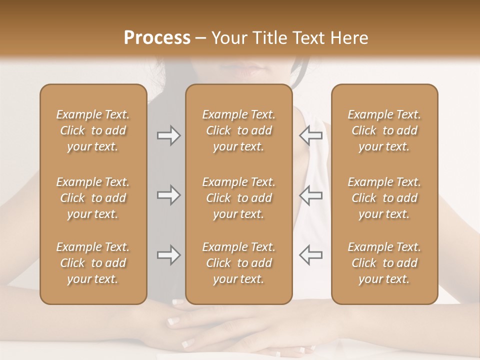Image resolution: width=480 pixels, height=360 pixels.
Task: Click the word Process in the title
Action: point(157,38)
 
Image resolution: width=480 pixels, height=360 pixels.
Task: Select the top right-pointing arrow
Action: point(169,135)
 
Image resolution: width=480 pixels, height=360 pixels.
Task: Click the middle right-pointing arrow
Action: point(169,195)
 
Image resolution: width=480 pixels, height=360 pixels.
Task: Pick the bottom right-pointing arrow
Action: point(169,255)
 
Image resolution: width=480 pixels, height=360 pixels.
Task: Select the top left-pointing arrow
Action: point(310,135)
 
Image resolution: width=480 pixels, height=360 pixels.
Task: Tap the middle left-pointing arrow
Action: point(310,195)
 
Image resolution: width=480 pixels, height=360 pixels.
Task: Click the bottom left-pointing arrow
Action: point(310,255)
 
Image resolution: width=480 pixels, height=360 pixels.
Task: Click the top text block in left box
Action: point(93,130)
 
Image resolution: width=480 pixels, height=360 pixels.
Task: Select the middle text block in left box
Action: point(93,198)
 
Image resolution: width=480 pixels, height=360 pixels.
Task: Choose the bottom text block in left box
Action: point(93,263)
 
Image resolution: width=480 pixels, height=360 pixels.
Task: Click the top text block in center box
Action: point(238,130)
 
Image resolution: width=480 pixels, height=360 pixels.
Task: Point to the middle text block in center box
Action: point(238,198)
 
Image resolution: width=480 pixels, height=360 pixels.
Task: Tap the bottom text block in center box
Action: point(238,263)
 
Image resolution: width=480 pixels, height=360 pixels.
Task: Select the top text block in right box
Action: point(384,130)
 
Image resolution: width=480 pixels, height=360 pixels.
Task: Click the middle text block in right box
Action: point(384,198)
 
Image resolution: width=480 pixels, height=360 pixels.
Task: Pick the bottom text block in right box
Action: point(384,263)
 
